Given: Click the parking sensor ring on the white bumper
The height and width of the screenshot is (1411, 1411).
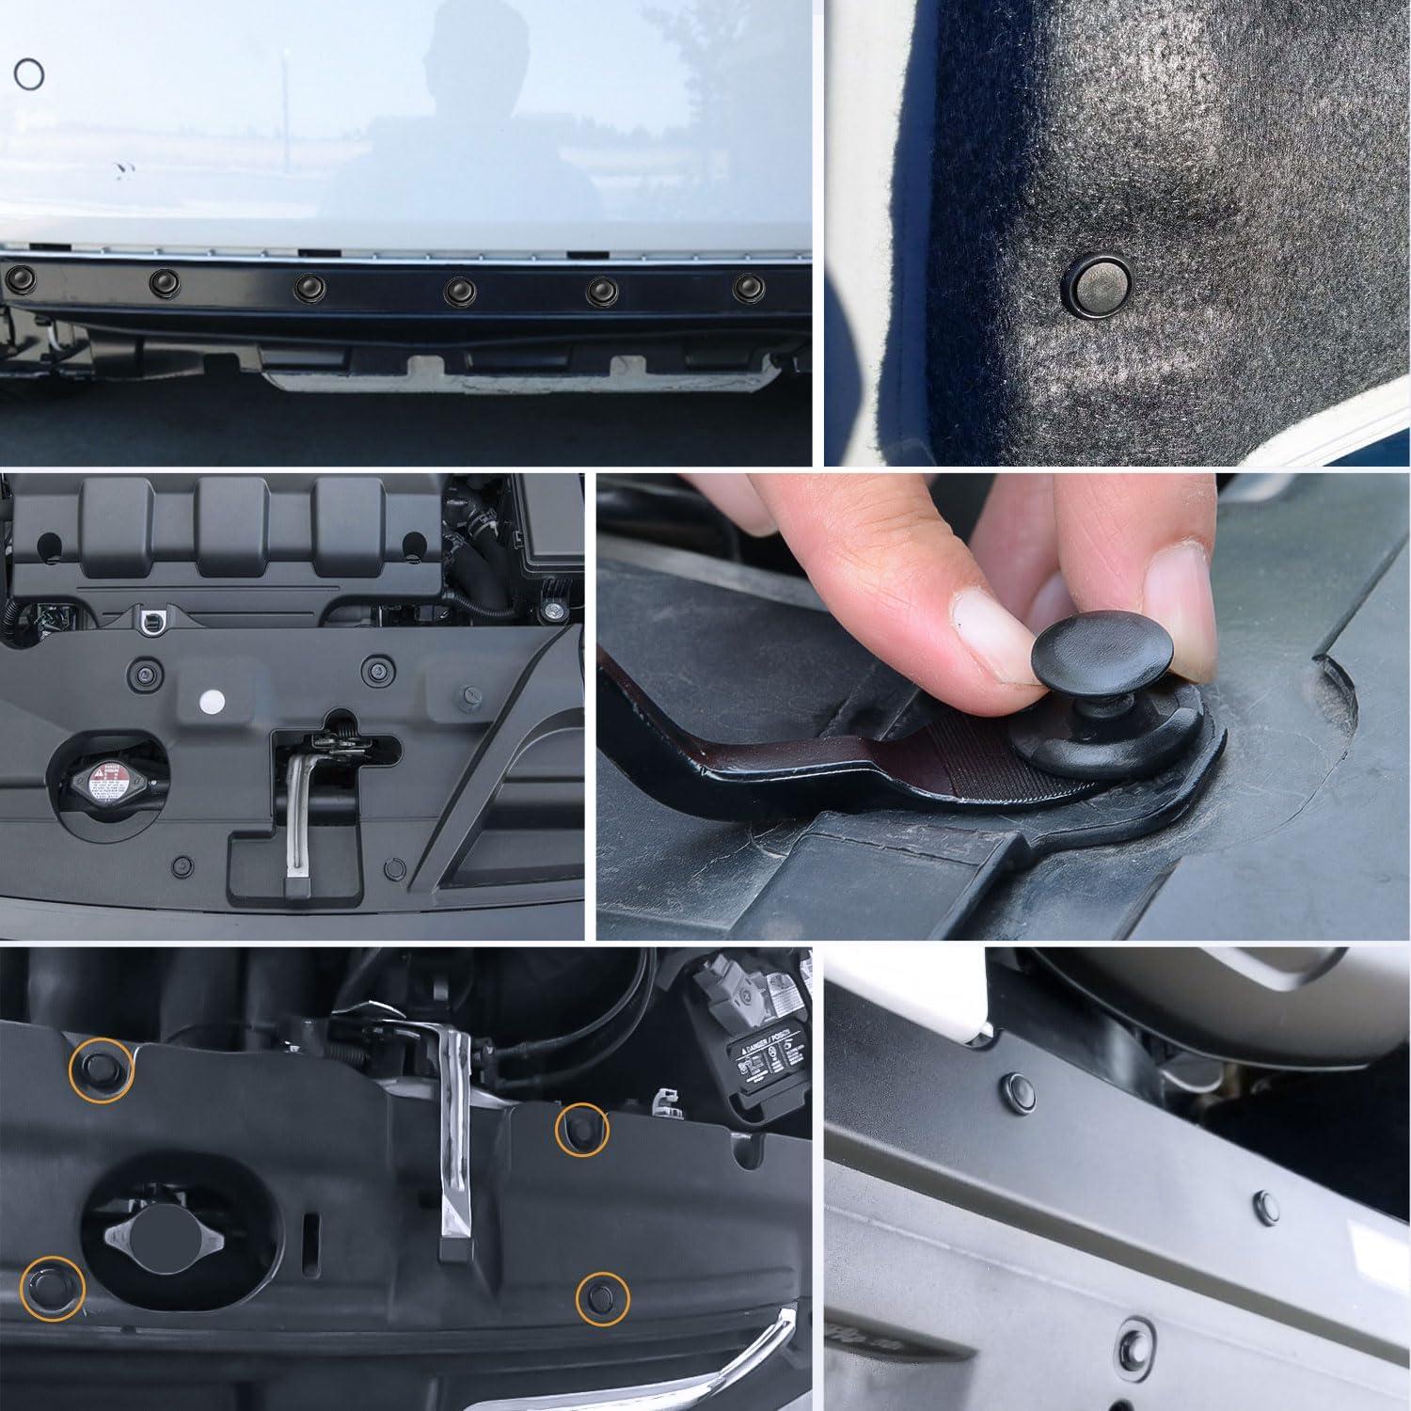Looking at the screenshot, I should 29,74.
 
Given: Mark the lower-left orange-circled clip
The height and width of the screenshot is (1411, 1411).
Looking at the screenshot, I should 51,1286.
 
